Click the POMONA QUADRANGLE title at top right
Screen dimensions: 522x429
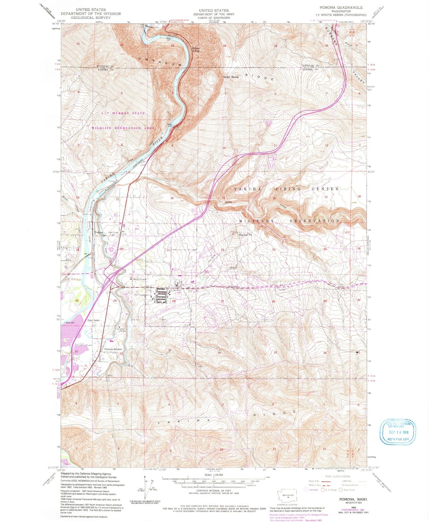[341, 7]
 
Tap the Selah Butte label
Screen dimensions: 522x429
[231, 77]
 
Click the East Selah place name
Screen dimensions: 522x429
[94, 321]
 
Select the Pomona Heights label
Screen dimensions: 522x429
[113, 349]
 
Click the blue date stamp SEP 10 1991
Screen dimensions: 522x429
[398, 432]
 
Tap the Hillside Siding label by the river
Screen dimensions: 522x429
[196, 50]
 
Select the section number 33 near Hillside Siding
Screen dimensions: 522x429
[172, 45]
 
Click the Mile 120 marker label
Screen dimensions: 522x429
[69, 323]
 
